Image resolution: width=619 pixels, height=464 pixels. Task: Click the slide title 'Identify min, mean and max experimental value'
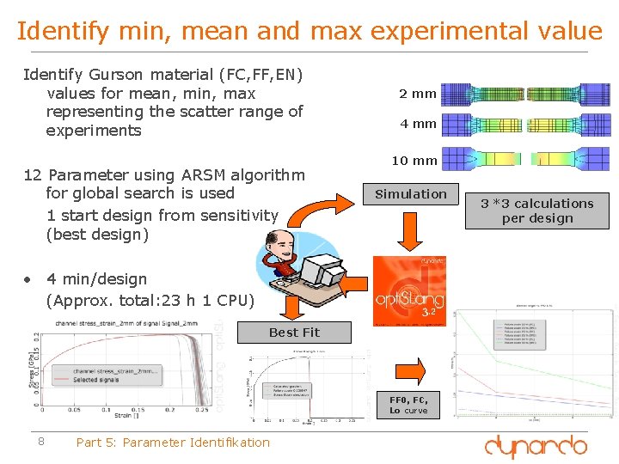coord(309,31)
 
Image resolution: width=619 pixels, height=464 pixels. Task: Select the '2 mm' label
coord(418,94)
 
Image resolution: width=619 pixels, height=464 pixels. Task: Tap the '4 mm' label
coord(418,124)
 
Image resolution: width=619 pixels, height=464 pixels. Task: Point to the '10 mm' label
coord(414,161)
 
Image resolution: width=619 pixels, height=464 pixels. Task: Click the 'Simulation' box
coord(411,194)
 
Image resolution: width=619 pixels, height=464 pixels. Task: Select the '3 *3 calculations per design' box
coord(536,211)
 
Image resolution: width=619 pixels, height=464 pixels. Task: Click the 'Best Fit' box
coord(294,333)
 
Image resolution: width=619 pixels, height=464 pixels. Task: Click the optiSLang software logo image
coord(409,290)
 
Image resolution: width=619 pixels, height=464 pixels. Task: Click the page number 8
coord(40,443)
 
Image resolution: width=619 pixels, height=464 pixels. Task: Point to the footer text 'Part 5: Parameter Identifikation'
coord(173,443)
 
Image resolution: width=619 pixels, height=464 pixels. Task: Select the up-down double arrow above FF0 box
coord(409,364)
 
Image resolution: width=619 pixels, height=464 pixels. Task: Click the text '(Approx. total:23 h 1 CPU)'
coord(150,300)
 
